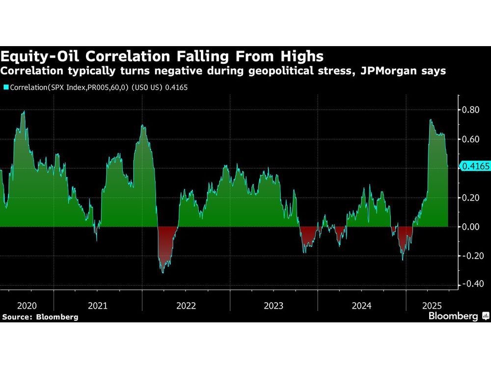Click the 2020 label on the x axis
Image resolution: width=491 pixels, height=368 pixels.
coord(26,305)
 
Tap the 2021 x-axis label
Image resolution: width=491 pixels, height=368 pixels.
coord(98,305)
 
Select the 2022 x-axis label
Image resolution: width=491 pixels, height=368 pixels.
coord(186,305)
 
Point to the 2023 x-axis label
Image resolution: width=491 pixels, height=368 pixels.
coord(273,305)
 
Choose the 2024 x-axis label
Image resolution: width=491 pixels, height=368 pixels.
coord(361,305)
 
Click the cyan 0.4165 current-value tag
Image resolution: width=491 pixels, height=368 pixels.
coord(475,167)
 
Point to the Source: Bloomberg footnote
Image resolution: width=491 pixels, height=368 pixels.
coord(40,317)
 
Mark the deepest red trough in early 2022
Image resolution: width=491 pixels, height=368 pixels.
coord(163,271)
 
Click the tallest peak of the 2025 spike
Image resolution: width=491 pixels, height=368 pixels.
coord(430,120)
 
